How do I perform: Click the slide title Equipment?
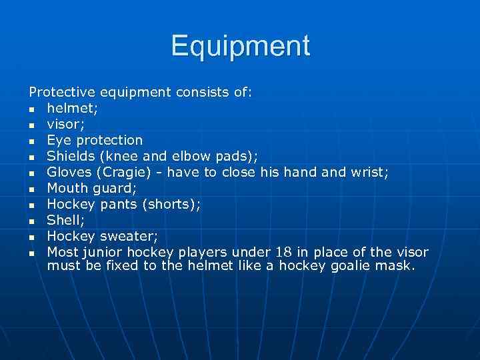point(240,46)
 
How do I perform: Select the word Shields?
point(71,156)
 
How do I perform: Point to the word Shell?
point(63,220)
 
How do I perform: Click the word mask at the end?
point(396,267)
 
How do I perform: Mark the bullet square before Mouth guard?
point(31,189)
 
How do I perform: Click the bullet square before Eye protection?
point(31,141)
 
